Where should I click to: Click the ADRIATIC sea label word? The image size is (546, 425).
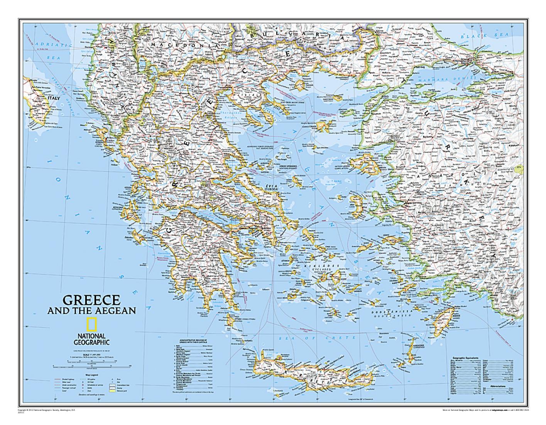tap(47, 45)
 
